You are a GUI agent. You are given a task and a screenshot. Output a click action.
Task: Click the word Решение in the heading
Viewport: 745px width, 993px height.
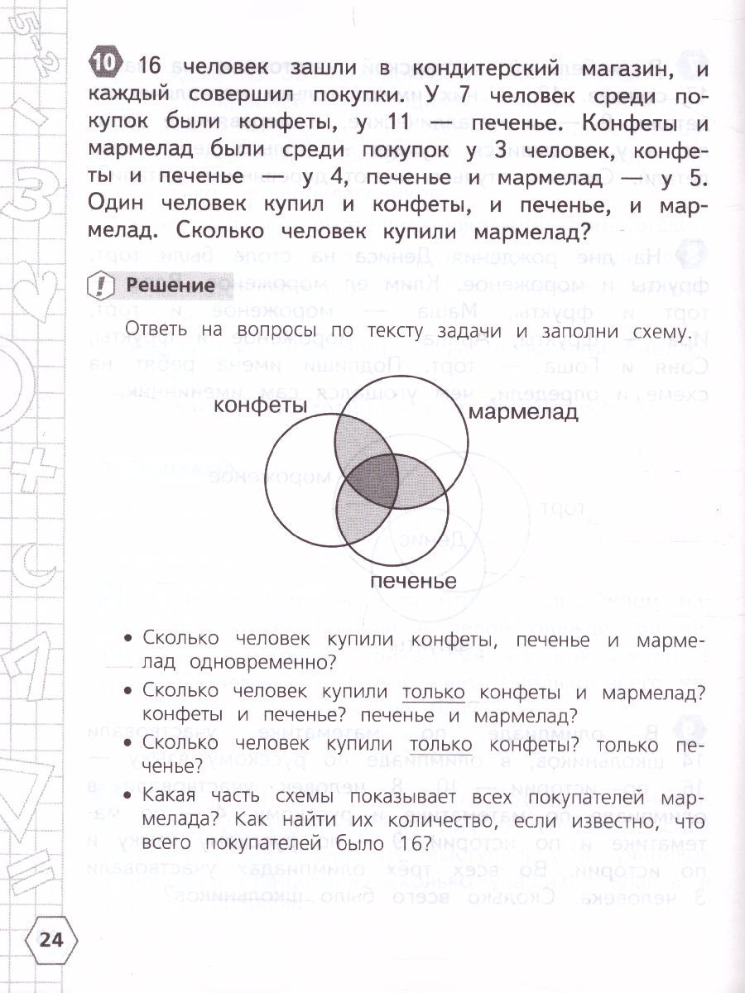coord(170,285)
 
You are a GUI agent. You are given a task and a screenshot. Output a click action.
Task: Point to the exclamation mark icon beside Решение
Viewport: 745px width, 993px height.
coord(101,285)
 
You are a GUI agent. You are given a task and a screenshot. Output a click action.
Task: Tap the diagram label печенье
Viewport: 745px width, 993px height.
coord(413,581)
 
